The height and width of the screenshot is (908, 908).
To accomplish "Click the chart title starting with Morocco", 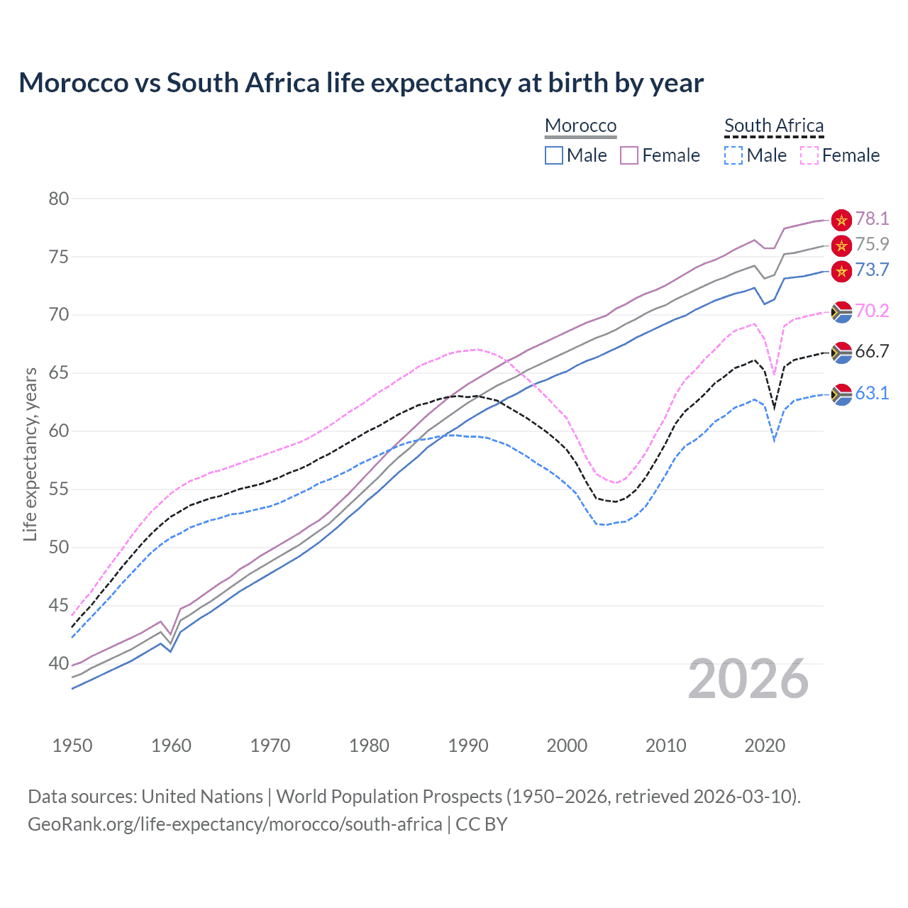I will click(x=361, y=83).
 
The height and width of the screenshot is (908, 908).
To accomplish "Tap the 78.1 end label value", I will click(x=872, y=218).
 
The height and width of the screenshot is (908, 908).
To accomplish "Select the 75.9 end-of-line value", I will click(x=872, y=244).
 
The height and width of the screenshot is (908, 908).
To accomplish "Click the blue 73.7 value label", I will click(x=872, y=270).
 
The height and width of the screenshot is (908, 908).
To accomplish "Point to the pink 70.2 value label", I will click(x=872, y=311).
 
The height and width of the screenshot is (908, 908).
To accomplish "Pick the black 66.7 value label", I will click(x=872, y=351).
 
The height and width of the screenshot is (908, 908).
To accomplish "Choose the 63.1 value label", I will click(x=872, y=393).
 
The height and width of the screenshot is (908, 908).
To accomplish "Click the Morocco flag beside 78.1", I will click(x=841, y=220).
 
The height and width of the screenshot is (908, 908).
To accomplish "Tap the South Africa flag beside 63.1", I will click(x=841, y=394).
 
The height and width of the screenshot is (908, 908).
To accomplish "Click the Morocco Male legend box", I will click(x=554, y=155).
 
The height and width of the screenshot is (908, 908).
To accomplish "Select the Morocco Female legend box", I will click(x=629, y=155).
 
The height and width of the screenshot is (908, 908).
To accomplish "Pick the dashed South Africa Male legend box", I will click(x=733, y=155).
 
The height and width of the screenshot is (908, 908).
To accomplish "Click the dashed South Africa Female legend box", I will click(x=809, y=155).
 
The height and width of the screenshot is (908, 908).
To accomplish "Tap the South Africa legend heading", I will click(x=774, y=126).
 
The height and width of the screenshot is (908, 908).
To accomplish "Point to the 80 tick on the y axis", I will click(x=59, y=199).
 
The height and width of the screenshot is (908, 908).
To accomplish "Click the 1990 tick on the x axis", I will click(x=468, y=746).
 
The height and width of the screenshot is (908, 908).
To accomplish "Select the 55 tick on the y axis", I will click(x=59, y=489).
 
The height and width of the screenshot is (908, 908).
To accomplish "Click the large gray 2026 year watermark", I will click(x=748, y=679).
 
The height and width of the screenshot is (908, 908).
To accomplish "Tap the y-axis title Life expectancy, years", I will click(x=30, y=454).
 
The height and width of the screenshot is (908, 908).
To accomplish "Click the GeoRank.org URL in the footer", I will click(x=235, y=824).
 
